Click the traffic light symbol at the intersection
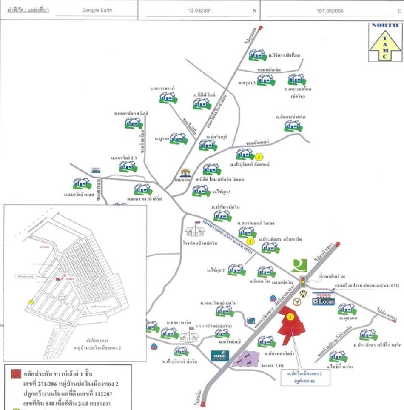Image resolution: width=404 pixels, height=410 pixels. pyautogui.click(x=303, y=281)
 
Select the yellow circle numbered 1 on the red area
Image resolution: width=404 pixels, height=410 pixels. pyautogui.click(x=290, y=316)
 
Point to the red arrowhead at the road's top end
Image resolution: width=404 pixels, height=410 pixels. pyautogui.click(x=260, y=27)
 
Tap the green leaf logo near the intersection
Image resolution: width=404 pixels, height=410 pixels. pyautogui.click(x=299, y=265)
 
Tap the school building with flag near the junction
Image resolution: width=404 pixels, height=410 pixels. pyautogui.click(x=195, y=230)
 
